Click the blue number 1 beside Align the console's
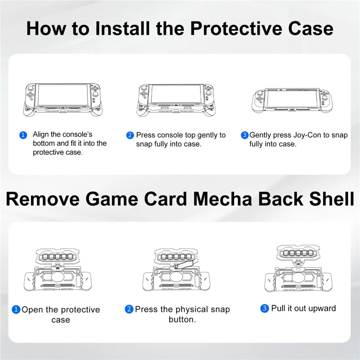pos(23,135)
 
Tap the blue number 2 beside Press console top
pos(130,135)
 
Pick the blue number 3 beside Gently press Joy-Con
pos(245,135)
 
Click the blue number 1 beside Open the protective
pos(16,310)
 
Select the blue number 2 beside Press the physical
pos(129,310)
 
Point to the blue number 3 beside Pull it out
pos(265,308)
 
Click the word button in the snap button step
pos(182,319)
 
